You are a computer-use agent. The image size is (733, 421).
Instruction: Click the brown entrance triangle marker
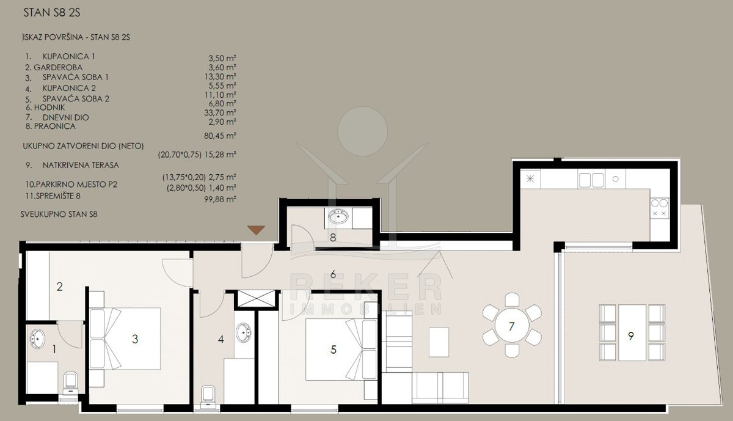[x=256, y=230]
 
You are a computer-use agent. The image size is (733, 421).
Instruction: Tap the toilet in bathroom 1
[x=71, y=384]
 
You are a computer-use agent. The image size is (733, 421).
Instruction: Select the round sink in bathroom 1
[x=37, y=339]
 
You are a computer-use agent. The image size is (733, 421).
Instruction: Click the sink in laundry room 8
[x=338, y=216]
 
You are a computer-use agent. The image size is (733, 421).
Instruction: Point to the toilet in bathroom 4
[x=208, y=397]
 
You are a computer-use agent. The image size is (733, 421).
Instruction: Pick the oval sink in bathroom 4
[x=244, y=332]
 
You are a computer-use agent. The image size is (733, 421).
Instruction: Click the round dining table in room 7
[x=512, y=326]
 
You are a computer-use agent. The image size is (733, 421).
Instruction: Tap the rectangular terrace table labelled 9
[x=632, y=332]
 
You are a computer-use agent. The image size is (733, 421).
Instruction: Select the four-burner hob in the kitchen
[x=659, y=208]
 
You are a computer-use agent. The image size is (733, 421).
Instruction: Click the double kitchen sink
[x=591, y=180]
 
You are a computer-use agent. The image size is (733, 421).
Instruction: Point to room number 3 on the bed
[x=135, y=339]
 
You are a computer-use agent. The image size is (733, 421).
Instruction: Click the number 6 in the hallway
[x=333, y=274]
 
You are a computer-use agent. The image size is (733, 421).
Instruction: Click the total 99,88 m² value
[x=221, y=199]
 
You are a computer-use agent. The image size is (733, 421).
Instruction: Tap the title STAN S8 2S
[x=52, y=13]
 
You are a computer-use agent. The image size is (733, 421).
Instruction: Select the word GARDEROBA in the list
[x=58, y=67]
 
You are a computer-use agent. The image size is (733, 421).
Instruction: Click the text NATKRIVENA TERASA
[x=81, y=166]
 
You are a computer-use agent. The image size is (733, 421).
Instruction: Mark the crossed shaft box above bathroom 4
[x=256, y=299]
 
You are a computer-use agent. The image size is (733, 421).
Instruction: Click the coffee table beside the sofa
[x=439, y=342]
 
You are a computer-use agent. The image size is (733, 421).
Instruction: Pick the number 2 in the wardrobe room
[x=60, y=287]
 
